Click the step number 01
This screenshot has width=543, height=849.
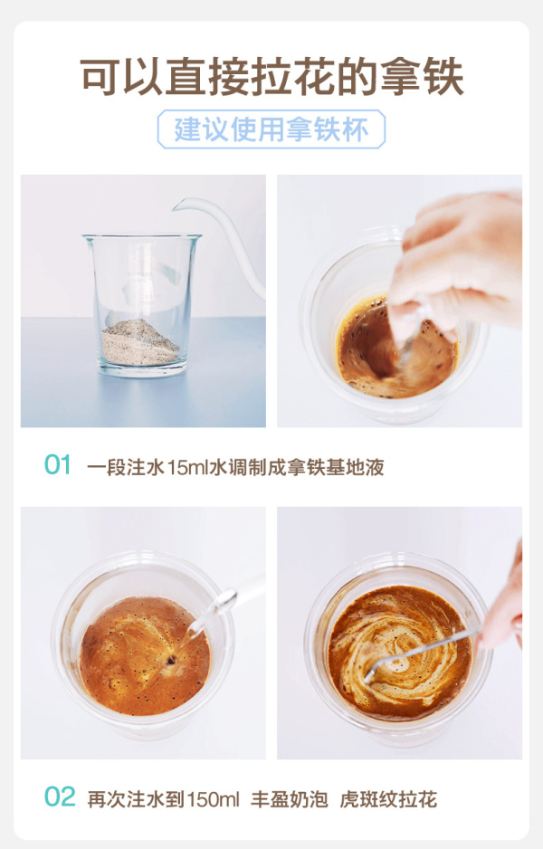coord(57,465)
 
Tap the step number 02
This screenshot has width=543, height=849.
coord(60,797)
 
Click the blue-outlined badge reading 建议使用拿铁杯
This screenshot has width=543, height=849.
coord(271,129)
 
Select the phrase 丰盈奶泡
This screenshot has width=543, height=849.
coord(289,799)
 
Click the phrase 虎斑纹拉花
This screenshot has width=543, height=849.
coord(388,799)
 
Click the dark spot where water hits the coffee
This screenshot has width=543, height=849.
coord(172,660)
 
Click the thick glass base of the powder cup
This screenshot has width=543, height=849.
coord(142,370)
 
